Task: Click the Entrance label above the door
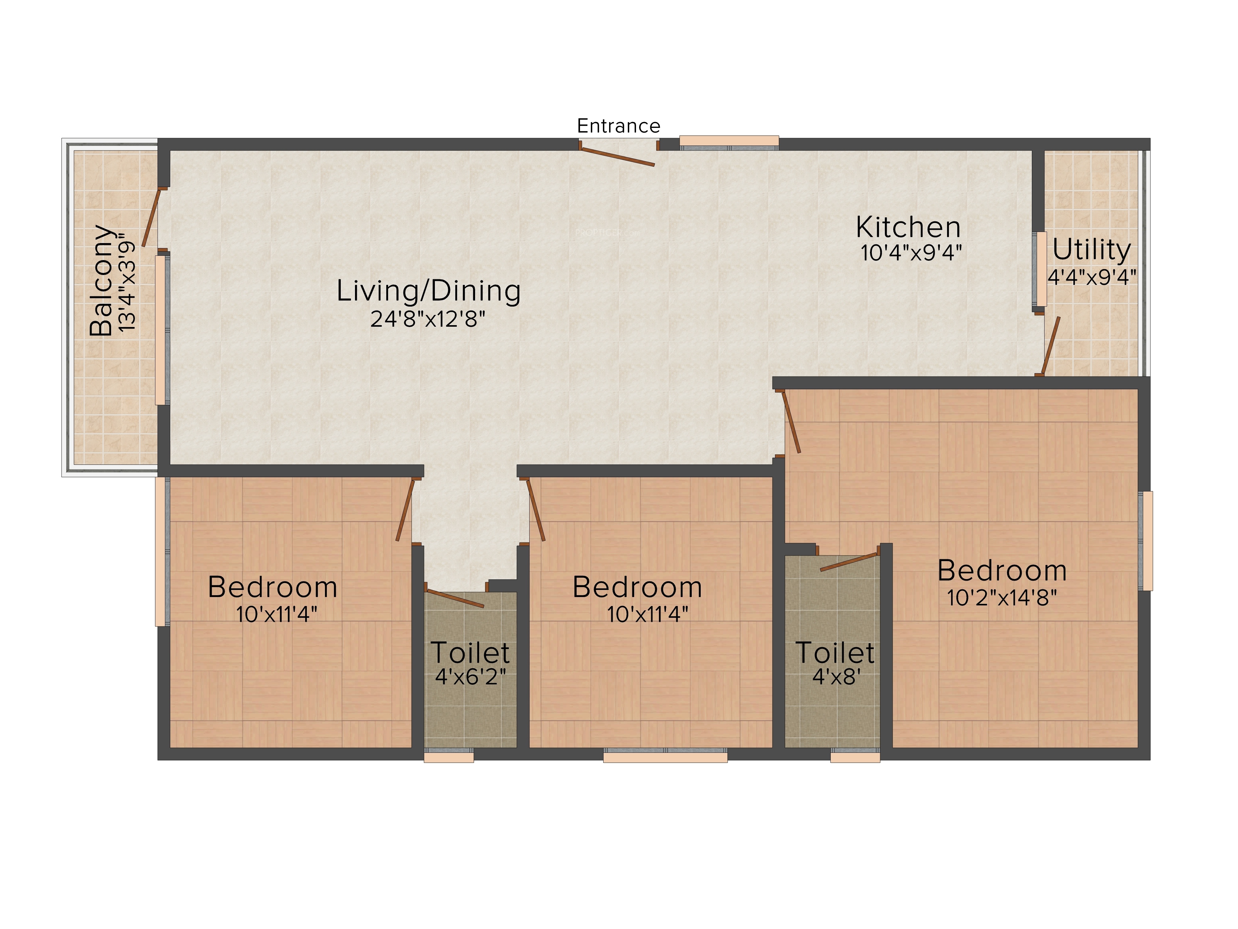618,126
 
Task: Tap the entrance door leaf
617,157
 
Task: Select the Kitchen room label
908,227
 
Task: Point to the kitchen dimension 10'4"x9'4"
911,253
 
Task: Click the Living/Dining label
429,291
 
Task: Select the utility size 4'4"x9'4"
1092,277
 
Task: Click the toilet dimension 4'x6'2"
470,677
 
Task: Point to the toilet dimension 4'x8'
836,677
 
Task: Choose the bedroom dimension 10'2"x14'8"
1002,598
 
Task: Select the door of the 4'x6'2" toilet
454,598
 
